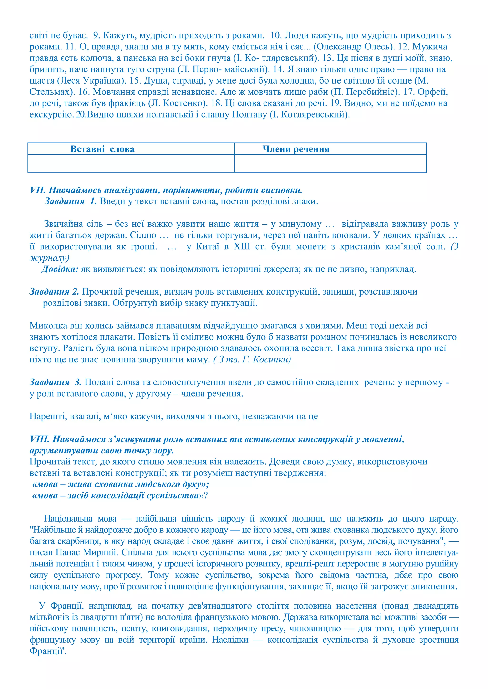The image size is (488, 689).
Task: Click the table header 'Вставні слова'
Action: [102, 149]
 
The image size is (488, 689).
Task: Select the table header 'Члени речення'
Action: [296, 149]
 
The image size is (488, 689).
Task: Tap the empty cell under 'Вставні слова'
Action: [131, 163]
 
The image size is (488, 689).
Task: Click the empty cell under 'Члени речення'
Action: [330, 163]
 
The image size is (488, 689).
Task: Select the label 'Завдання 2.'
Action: [54, 292]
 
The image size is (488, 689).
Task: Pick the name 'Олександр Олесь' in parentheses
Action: [353, 47]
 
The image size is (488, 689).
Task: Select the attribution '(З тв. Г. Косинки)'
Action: [252, 359]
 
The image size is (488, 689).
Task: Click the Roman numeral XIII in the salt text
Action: [242, 247]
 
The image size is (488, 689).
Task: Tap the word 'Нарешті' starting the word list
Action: [48, 417]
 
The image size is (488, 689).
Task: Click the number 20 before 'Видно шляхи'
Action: [81, 115]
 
